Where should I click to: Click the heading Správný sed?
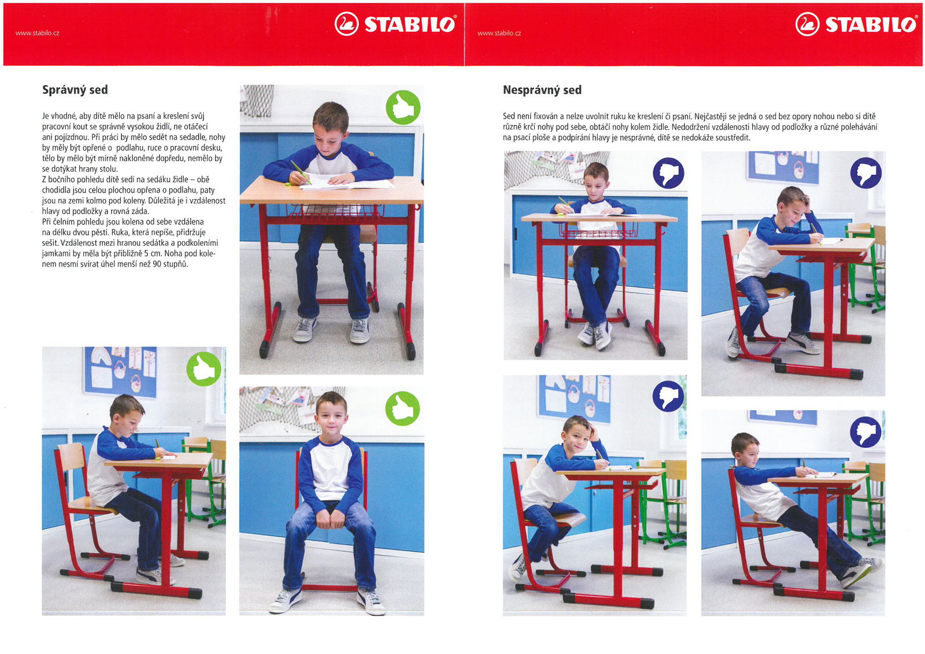pyautogui.click(x=75, y=90)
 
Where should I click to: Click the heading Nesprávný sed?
pyautogui.click(x=542, y=90)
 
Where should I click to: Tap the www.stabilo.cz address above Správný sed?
pyautogui.click(x=37, y=33)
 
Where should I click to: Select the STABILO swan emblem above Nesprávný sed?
pyautogui.click(x=807, y=24)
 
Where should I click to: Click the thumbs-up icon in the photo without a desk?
pyautogui.click(x=402, y=408)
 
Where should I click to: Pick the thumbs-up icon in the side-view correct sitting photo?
pyautogui.click(x=204, y=369)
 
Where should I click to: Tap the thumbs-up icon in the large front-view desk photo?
pyautogui.click(x=403, y=107)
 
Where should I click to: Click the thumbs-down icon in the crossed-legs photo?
pyautogui.click(x=668, y=173)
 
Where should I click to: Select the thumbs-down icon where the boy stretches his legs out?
pyautogui.click(x=865, y=432)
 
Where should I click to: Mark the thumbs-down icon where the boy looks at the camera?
pyautogui.click(x=668, y=396)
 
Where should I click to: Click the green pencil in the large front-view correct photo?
pyautogui.click(x=299, y=172)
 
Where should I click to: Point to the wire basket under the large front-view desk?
pyautogui.click(x=335, y=211)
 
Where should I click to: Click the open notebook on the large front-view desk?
pyautogui.click(x=346, y=182)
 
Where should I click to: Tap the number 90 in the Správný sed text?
pyautogui.click(x=157, y=264)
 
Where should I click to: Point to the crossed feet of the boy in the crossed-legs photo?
pyautogui.click(x=595, y=334)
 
